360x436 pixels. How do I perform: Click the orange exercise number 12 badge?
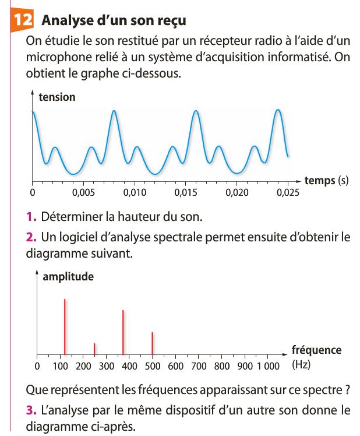coord(22,20)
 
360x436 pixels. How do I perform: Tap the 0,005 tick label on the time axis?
coord(83,192)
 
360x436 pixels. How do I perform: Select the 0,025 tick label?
coord(287,192)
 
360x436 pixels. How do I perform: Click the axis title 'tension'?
coord(57,97)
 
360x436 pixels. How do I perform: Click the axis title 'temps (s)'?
coord(326,180)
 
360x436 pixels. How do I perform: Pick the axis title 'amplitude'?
coord(68,276)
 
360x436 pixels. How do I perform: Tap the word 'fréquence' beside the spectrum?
coord(316,350)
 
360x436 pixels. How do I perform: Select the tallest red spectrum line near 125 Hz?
coord(65,326)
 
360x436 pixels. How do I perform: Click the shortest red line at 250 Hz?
coord(94,349)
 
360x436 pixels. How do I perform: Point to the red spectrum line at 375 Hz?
coord(123,332)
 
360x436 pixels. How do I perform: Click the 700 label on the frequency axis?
coord(199,367)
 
